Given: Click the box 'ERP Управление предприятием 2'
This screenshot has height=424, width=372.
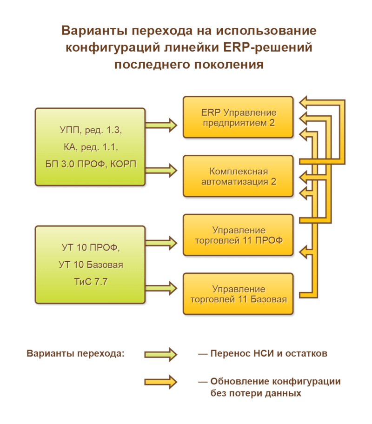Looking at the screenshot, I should tap(238, 117).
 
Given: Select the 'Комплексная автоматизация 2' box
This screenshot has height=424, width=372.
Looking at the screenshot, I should tap(238, 176).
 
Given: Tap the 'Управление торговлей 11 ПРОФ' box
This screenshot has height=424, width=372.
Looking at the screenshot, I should tap(238, 235).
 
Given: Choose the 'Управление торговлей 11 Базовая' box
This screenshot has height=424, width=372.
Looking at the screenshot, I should tap(238, 294).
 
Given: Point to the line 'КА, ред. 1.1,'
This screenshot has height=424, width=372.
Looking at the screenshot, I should tap(90, 148).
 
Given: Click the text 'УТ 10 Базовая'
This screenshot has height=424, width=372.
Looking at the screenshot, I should tap(90, 265).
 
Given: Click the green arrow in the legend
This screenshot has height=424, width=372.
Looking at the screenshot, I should tap(160, 354).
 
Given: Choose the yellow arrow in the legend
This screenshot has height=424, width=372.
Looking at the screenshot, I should tap(160, 382).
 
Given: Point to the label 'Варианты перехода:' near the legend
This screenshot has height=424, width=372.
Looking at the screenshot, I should tap(76, 353).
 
